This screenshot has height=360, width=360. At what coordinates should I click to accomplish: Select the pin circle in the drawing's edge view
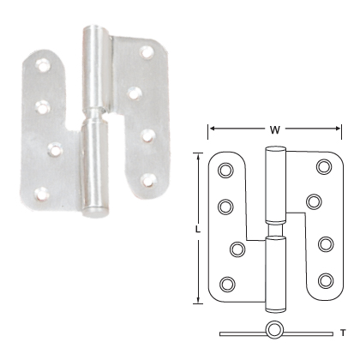(x=274, y=330)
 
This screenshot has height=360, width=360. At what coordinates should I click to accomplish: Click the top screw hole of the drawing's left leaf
(x=226, y=171)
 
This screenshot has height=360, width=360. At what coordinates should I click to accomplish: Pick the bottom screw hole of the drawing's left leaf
(x=228, y=284)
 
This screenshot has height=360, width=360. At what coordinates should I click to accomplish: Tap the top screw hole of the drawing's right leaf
(x=324, y=167)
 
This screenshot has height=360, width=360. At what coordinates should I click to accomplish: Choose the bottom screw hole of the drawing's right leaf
(x=326, y=279)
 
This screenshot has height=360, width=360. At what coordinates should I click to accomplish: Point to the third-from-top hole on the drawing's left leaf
(x=237, y=249)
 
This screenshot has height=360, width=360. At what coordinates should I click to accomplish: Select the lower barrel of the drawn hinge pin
(x=274, y=270)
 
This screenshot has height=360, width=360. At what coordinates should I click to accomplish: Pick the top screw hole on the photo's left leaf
(x=40, y=64)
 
